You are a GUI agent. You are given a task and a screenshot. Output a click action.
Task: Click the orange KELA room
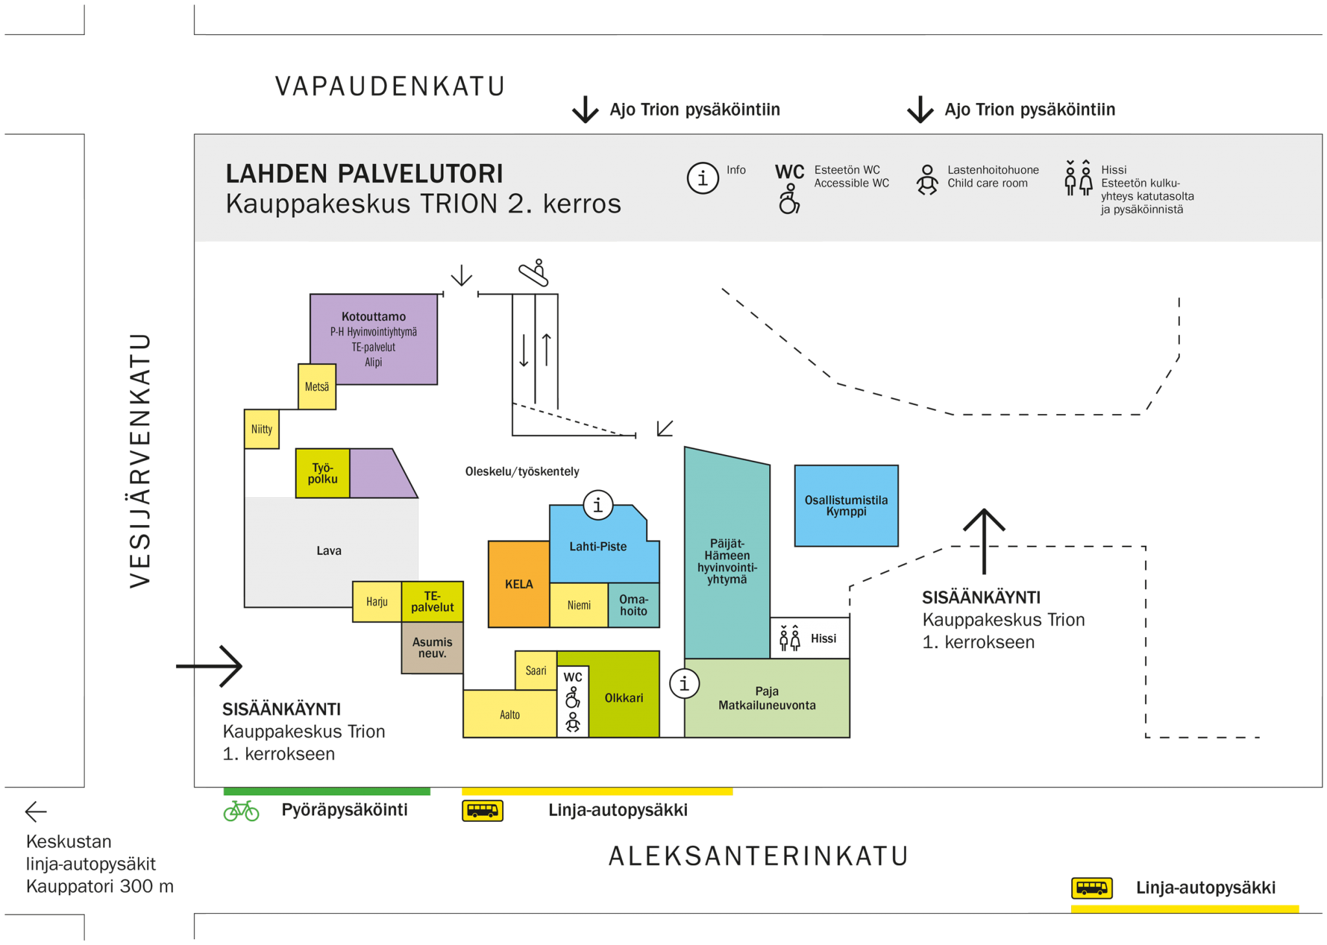(518, 584)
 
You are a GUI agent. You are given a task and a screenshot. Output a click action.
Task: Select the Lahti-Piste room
(598, 546)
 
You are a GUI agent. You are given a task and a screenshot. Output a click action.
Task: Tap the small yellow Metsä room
(317, 387)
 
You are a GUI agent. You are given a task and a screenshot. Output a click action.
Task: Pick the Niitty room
(262, 429)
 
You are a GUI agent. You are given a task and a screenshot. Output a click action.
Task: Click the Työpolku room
(323, 474)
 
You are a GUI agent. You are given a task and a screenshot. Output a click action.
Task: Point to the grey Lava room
(329, 551)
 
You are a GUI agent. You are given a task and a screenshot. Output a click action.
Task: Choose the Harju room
(377, 601)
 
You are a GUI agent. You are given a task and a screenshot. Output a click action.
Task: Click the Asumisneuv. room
(432, 647)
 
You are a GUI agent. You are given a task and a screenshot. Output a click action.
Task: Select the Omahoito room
(634, 605)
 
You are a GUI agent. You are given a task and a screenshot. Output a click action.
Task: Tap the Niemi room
(579, 605)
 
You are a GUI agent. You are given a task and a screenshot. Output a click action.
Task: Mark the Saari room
(536, 671)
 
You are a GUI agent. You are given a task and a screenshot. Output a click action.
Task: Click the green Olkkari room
(624, 698)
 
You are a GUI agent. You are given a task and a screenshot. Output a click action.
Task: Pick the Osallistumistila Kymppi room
(846, 506)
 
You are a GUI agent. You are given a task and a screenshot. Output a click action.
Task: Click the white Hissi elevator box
(809, 638)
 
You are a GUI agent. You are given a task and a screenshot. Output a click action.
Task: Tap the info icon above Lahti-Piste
(598, 504)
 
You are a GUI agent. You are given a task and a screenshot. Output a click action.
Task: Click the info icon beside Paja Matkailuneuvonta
(684, 682)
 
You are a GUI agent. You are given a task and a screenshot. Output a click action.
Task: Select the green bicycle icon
(241, 810)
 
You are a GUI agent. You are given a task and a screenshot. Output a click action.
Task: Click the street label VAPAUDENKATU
(390, 87)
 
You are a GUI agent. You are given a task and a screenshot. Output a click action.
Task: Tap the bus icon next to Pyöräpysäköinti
(483, 811)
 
